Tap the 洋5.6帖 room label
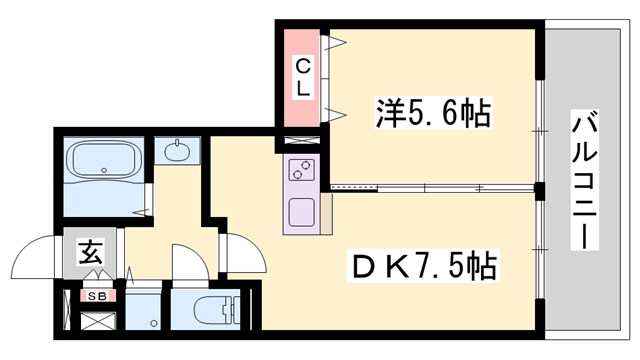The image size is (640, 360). click(433, 112)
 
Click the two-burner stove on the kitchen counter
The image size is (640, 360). click(301, 171)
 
